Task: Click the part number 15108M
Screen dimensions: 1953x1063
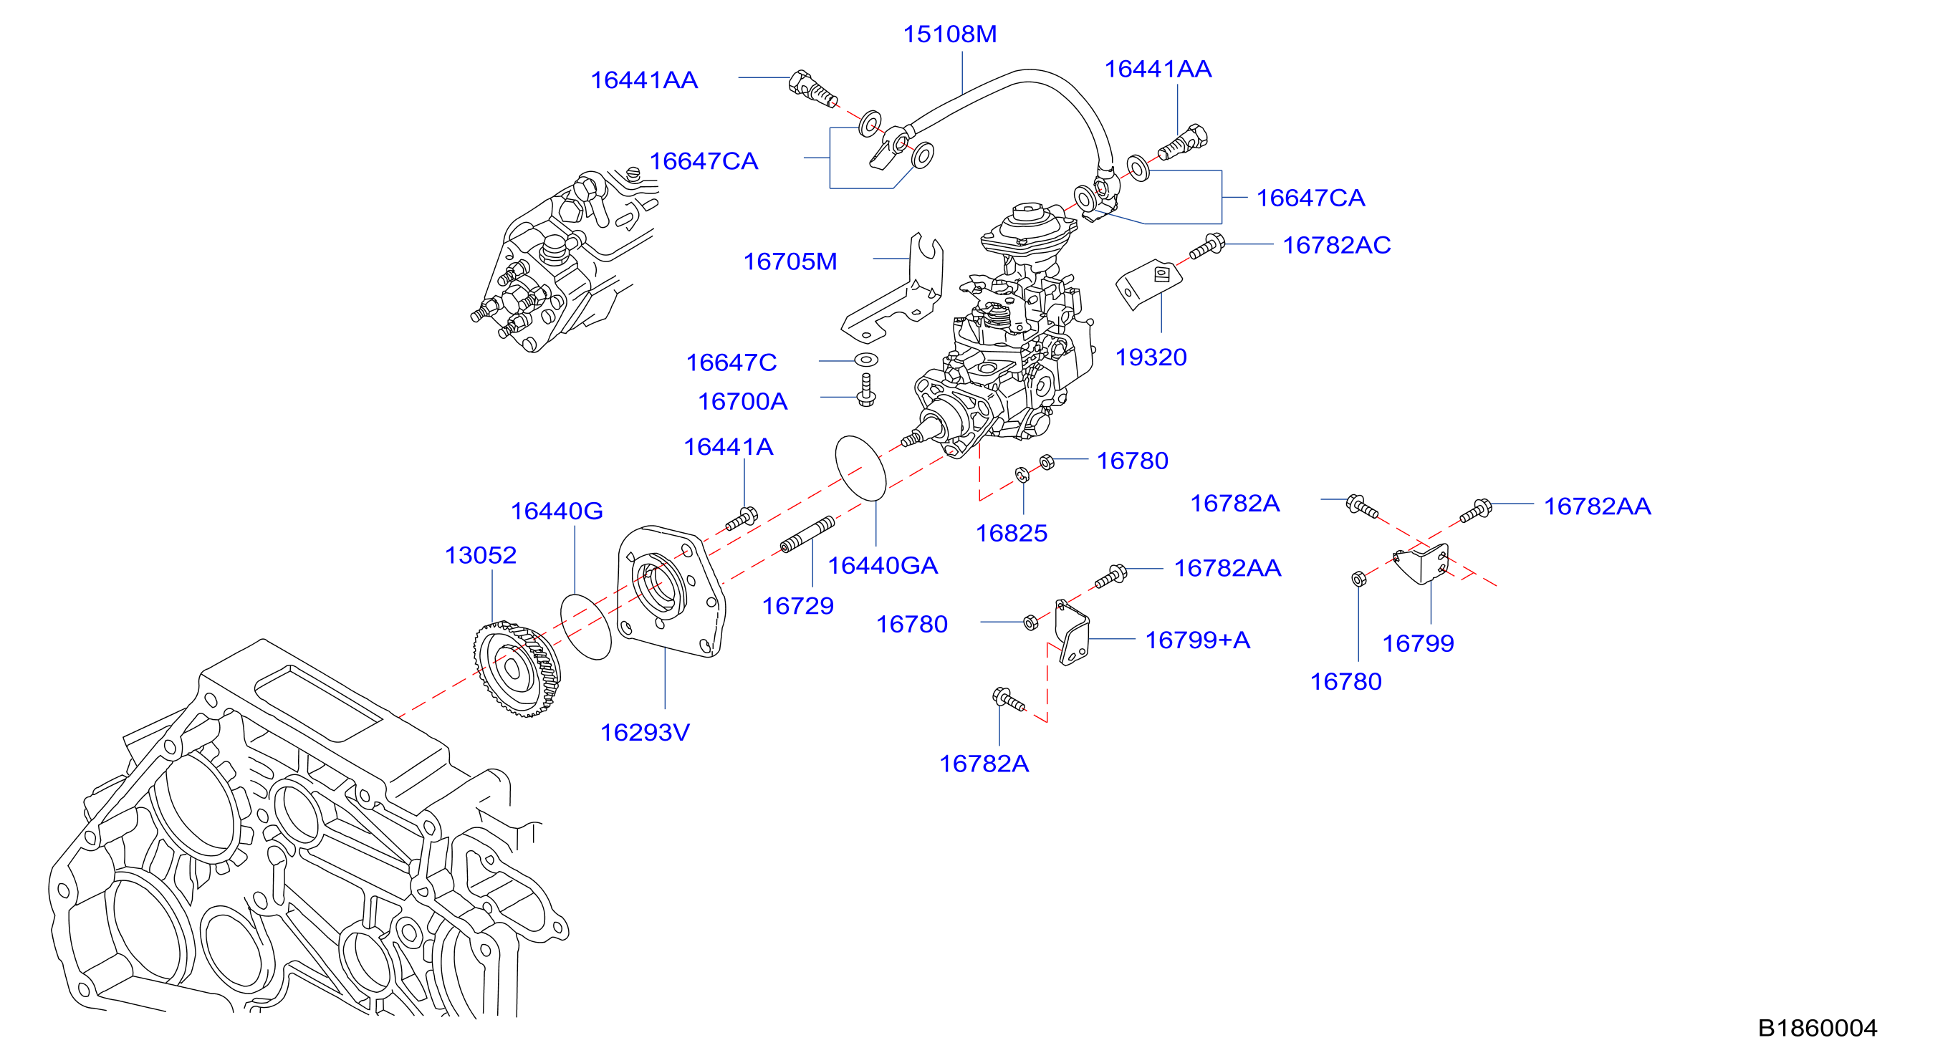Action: (949, 34)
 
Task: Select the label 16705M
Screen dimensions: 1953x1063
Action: (790, 261)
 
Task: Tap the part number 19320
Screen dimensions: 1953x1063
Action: (1151, 357)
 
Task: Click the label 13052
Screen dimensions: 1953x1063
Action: (481, 555)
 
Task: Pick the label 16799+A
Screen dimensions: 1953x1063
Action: (1197, 640)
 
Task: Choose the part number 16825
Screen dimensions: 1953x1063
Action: (1012, 533)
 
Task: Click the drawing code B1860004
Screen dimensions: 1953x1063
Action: (1818, 1028)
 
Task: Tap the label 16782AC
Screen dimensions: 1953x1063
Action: (1337, 245)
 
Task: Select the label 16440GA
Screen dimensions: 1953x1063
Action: (883, 566)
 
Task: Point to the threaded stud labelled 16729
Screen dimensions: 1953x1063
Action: (807, 534)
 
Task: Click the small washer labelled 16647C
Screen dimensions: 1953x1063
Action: (865, 359)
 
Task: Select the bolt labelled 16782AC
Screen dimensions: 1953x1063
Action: (1207, 246)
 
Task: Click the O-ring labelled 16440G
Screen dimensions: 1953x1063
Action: (585, 626)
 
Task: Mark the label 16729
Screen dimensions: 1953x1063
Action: (797, 606)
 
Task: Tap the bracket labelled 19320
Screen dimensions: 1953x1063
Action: (1148, 284)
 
